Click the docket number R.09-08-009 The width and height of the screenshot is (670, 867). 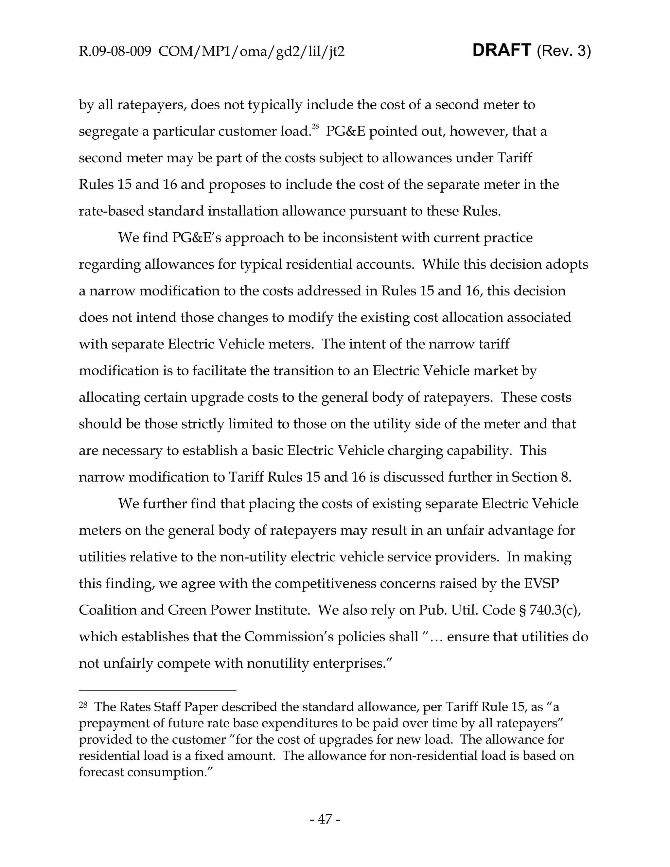pos(115,52)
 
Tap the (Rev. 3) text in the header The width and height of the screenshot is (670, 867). pos(564,51)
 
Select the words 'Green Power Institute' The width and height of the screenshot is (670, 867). pos(238,610)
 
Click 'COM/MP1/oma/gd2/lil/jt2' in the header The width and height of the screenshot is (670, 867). pos(251,52)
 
